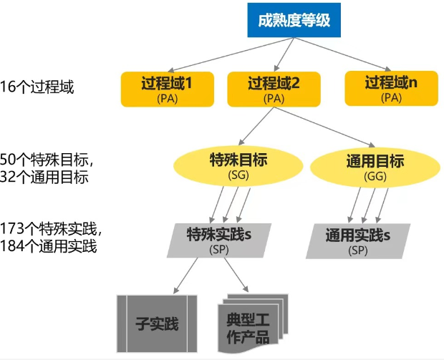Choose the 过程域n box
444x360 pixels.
(x=391, y=87)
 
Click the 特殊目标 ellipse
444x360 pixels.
(x=238, y=165)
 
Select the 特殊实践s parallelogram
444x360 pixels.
(x=218, y=240)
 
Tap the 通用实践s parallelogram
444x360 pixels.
(x=357, y=240)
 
